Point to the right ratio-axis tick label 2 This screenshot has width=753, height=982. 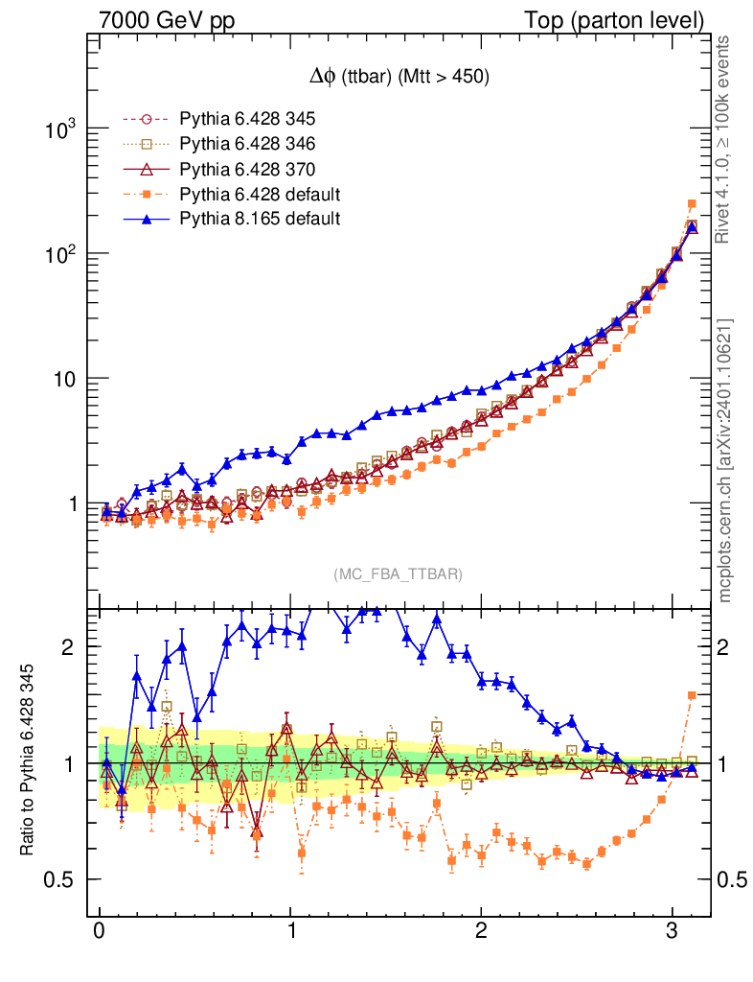732,647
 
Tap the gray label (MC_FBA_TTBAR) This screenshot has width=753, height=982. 399,573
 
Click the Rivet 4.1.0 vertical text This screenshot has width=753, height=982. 725,139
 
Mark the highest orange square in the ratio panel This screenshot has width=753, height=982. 692,695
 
